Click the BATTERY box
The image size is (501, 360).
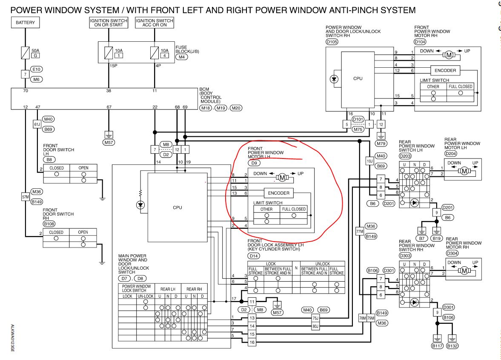[x=25, y=23]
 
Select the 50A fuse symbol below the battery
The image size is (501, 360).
[x=25, y=53]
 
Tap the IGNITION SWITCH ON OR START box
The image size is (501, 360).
[x=109, y=23]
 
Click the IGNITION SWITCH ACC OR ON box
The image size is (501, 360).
[x=155, y=23]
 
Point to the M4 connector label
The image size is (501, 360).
[x=181, y=57]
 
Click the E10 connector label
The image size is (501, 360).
[x=37, y=69]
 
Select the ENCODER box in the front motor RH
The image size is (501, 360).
[x=445, y=71]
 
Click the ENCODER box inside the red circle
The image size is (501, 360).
[x=279, y=193]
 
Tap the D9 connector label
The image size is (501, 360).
[x=254, y=163]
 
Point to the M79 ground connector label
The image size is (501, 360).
[x=381, y=144]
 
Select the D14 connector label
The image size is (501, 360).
[x=254, y=256]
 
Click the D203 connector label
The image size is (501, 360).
[x=405, y=156]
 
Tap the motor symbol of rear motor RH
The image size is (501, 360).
[x=464, y=271]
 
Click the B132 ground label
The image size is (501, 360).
[x=452, y=346]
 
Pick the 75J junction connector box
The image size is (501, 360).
[x=315, y=318]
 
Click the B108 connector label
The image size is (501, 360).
[x=49, y=224]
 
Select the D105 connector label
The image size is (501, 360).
[x=332, y=42]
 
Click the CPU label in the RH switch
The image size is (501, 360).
[x=358, y=79]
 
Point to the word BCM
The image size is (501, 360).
[x=204, y=89]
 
